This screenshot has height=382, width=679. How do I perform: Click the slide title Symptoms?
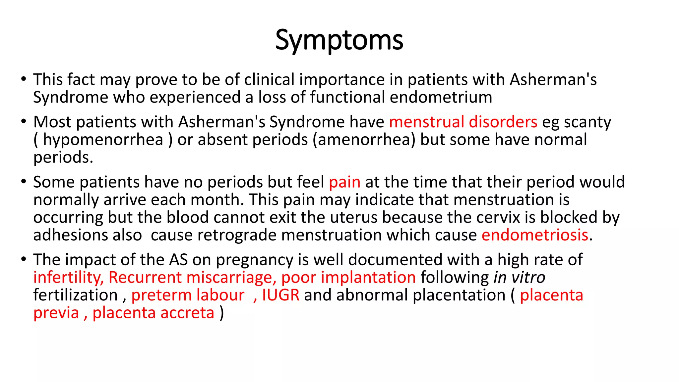(339, 40)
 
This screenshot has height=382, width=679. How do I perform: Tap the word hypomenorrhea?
(103, 140)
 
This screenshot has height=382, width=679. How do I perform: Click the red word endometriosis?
(535, 235)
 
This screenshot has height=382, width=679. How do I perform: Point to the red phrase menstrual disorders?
(463, 122)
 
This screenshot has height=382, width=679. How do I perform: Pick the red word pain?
(344, 182)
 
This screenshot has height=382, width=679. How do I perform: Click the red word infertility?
(68, 277)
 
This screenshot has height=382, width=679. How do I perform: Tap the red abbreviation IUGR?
(280, 295)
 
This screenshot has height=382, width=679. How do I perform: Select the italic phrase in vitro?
(519, 277)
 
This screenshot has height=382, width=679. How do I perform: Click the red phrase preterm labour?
(188, 295)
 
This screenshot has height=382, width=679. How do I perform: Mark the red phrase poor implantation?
(348, 277)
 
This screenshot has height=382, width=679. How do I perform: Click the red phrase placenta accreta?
(153, 313)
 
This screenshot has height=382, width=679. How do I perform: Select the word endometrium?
(441, 97)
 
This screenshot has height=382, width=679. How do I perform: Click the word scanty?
(587, 122)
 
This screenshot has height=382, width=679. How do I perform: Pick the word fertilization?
(76, 295)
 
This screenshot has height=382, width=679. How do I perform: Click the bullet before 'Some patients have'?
(23, 182)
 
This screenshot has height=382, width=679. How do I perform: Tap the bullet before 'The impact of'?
(23, 259)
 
